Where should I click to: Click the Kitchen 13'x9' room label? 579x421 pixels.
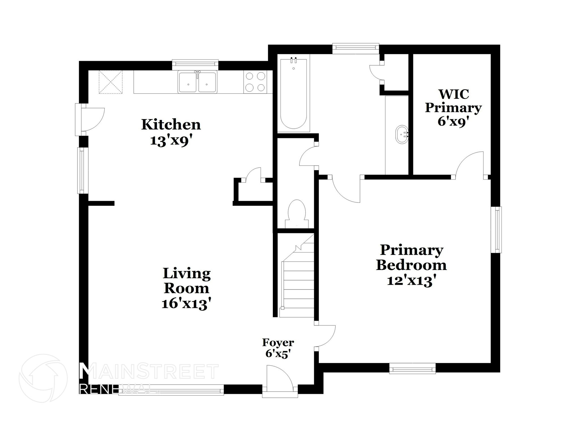[x=171, y=132]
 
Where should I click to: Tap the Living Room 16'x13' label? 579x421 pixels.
[x=187, y=288]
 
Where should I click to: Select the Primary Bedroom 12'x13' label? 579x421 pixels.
[x=411, y=265]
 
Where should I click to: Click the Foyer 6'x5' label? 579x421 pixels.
[x=278, y=348]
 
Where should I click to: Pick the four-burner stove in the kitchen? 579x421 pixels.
[x=255, y=82]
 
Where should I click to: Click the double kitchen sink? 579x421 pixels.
[x=197, y=82]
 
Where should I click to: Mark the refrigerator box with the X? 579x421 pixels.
[x=111, y=82]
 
